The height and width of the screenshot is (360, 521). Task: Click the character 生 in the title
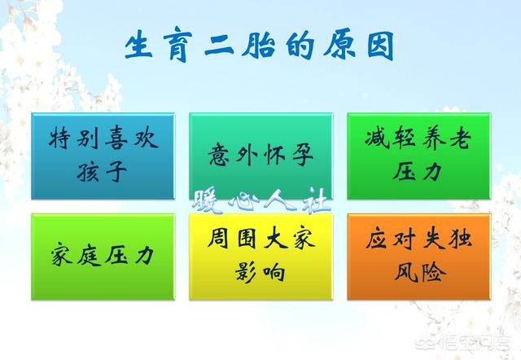click(x=138, y=45)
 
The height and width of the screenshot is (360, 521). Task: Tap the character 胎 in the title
click(x=258, y=45)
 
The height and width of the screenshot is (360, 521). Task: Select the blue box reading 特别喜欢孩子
click(x=103, y=156)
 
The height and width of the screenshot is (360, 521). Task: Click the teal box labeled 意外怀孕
click(x=260, y=156)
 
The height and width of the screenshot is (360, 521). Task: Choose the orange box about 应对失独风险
click(x=418, y=257)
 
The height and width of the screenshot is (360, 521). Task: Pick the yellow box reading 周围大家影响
click(x=260, y=257)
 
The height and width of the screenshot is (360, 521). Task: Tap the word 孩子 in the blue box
click(x=102, y=172)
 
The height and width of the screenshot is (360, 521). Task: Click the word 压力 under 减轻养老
click(x=418, y=171)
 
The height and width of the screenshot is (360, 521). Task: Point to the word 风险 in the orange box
click(x=420, y=272)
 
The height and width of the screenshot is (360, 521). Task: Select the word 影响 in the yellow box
click(x=260, y=272)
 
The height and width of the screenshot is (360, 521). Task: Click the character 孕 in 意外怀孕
click(x=303, y=155)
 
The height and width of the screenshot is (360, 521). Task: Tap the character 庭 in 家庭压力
click(x=89, y=256)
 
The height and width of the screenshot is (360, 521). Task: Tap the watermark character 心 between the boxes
click(x=244, y=200)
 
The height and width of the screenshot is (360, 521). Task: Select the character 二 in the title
click(x=219, y=46)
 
